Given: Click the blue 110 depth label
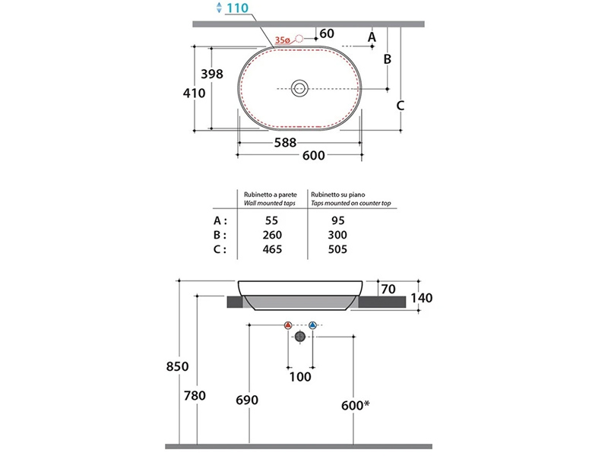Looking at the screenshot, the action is click(237, 8).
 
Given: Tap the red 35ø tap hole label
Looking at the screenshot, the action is click(282, 40).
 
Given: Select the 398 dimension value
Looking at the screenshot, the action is click(212, 74).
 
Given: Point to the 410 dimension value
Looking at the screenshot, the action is click(195, 93).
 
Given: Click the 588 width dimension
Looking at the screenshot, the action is click(286, 143).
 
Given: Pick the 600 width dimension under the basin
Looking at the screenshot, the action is click(314, 156).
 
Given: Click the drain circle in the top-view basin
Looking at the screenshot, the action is click(299, 88).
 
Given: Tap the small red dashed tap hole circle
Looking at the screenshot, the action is click(299, 39).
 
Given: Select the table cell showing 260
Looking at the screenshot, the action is click(272, 235).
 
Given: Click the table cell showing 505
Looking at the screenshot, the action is click(337, 249).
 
